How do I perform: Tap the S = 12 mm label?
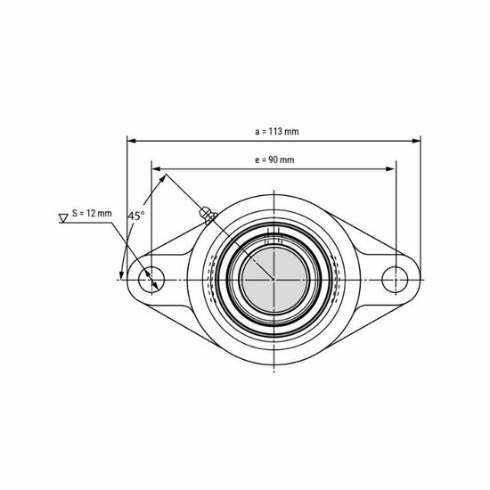(93, 214)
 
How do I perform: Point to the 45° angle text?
(135, 216)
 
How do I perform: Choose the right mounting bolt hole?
(394, 277)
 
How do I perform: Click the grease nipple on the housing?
(206, 214)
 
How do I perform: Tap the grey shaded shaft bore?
(273, 277)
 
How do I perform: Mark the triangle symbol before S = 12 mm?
(62, 215)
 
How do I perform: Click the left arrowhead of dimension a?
(131, 140)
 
